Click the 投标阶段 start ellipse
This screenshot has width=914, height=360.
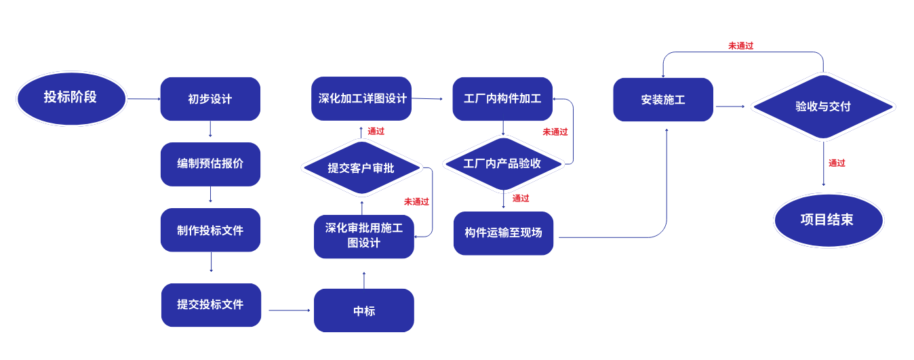tap(71, 98)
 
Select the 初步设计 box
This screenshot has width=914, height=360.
tap(210, 99)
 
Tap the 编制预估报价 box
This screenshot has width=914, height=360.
tap(210, 164)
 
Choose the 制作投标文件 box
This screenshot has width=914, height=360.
tap(210, 230)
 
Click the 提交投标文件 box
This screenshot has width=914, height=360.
tap(211, 305)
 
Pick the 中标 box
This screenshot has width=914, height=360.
tap(363, 311)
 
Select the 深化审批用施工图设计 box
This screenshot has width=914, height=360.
tap(363, 236)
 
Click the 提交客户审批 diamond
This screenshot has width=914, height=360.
tap(361, 168)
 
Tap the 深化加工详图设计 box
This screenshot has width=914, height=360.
tap(361, 98)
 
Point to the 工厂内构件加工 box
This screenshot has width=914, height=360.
tap(502, 99)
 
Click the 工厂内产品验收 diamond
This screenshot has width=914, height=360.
tap(502, 163)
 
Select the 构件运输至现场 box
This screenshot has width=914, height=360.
tap(503, 233)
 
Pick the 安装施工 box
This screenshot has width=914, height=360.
tap(662, 100)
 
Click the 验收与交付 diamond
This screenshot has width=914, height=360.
tap(822, 106)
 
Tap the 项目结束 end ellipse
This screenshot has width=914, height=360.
tap(828, 220)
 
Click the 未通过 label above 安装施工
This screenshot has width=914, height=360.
tap(740, 46)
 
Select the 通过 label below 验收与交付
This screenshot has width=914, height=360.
tap(837, 163)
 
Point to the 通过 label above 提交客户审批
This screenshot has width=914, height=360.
tap(376, 132)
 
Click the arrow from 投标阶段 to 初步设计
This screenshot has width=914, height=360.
tap(143, 99)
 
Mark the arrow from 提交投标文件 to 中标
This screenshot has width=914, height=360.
tap(289, 311)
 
